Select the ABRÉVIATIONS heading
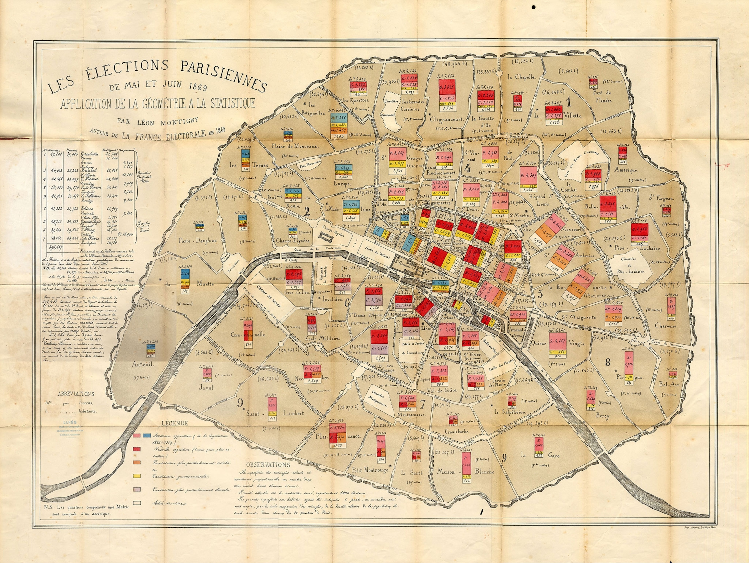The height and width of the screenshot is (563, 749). (76, 394)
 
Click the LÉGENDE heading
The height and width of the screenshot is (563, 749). (175, 423)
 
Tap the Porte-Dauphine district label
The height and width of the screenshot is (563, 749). (197, 241)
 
